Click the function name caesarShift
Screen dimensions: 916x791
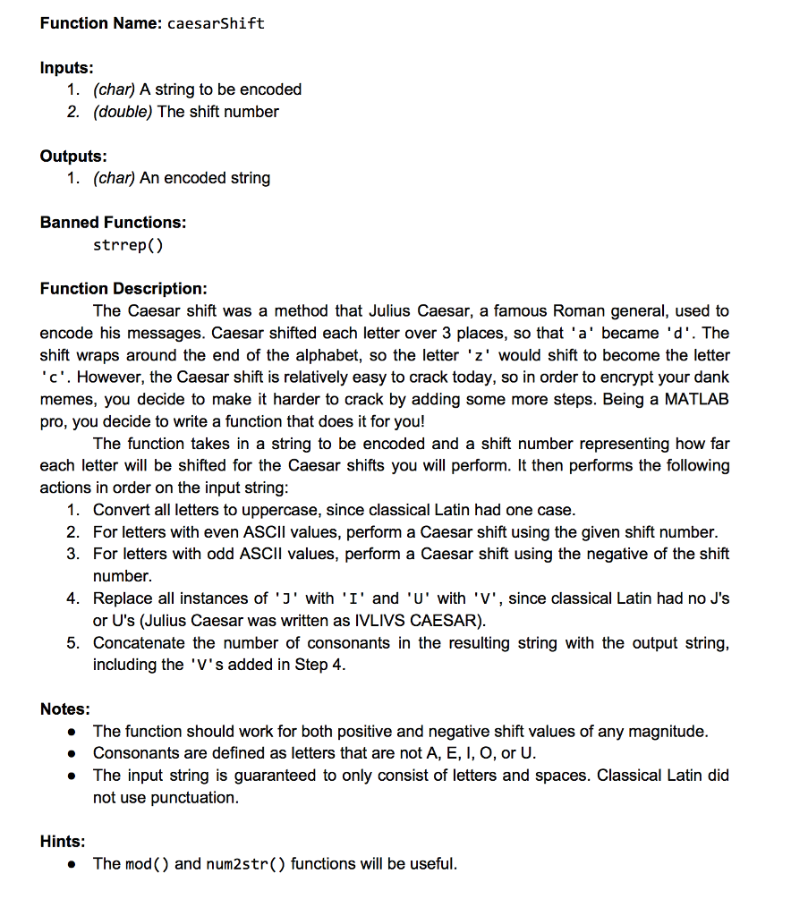(216, 23)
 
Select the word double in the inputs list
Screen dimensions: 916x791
(123, 112)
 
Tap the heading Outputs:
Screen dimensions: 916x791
(73, 156)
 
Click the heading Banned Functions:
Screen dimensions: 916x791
(113, 222)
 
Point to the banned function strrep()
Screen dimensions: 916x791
(128, 244)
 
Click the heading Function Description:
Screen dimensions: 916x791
(123, 288)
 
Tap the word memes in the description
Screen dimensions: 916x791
(67, 399)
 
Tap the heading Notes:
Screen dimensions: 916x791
(64, 709)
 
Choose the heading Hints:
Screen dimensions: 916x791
(63, 841)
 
